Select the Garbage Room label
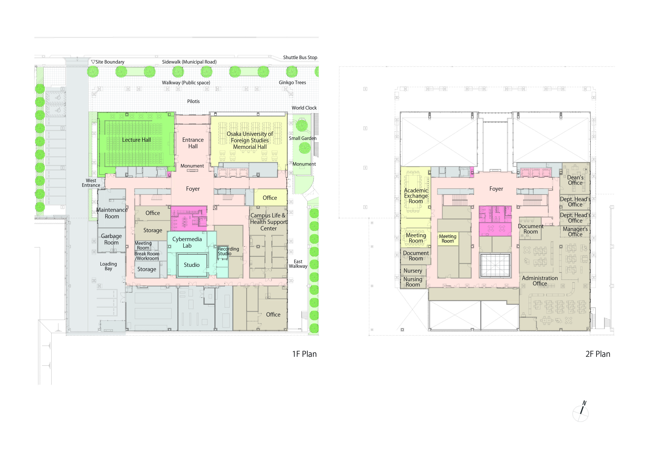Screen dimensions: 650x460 pos(112,239)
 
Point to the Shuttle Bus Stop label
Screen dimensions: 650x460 pos(300,57)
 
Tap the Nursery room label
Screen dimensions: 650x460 pos(413,271)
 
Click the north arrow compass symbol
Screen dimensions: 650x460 pos(581,412)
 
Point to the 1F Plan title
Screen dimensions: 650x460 pos(304,354)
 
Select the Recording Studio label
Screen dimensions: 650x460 pos(228,251)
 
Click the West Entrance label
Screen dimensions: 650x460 pos(91,183)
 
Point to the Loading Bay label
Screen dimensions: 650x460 pos(108,266)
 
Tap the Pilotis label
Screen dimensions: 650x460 pos(193,101)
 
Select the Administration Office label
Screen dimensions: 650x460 pos(540,281)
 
